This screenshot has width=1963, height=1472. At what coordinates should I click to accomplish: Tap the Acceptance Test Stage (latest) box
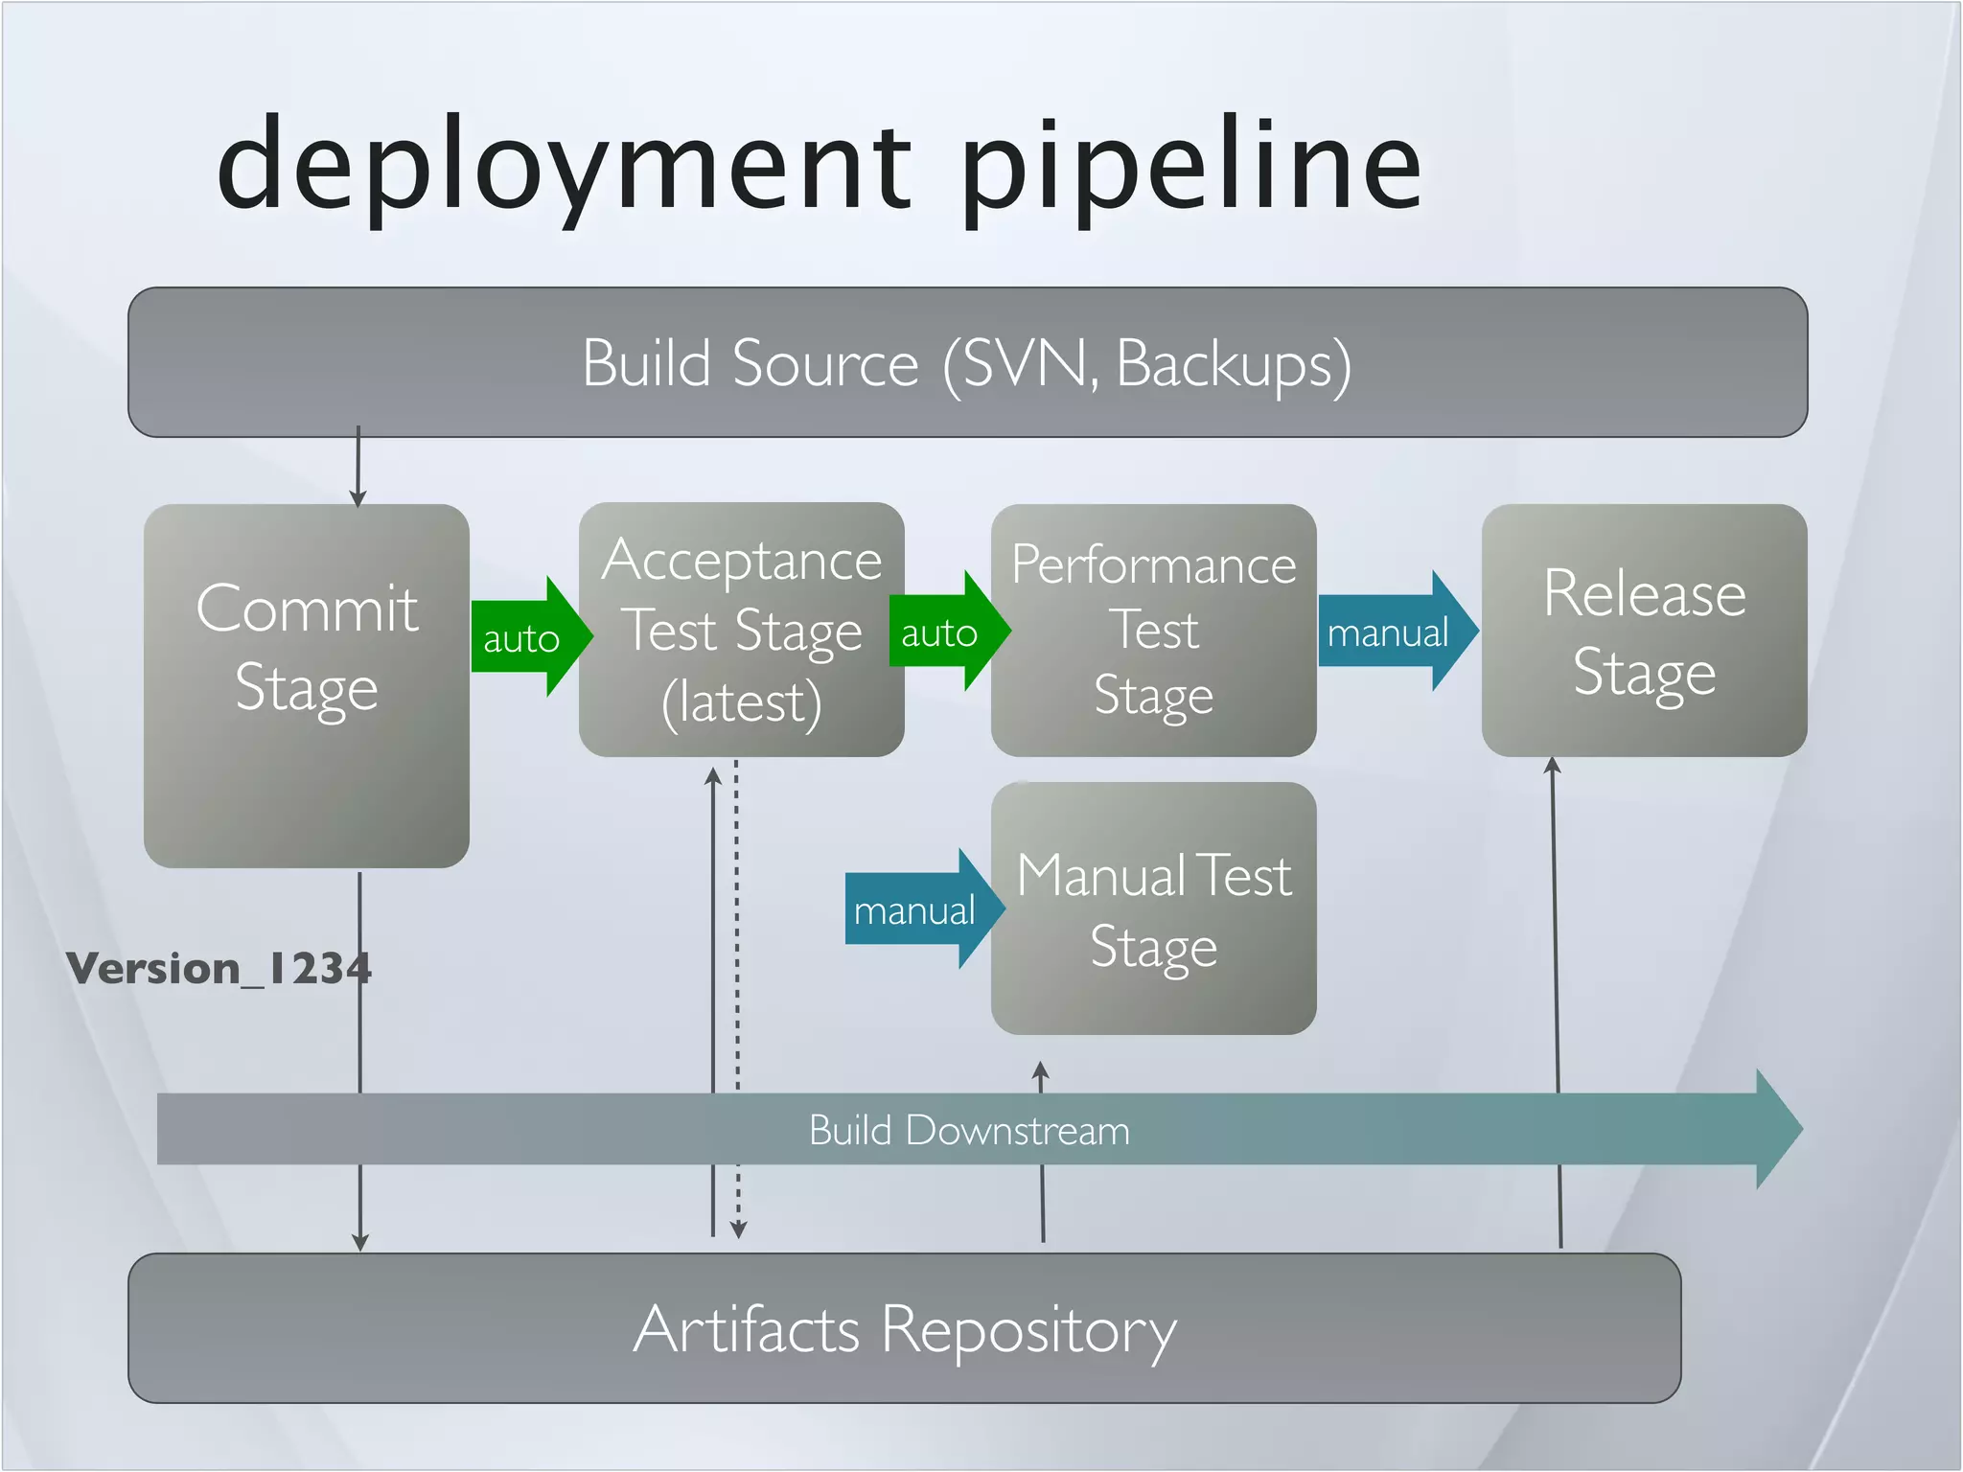point(741,630)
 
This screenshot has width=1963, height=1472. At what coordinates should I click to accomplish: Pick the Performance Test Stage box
point(1153,630)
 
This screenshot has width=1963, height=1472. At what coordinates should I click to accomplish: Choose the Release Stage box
point(1644,630)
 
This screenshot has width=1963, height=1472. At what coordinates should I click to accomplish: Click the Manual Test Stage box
point(1153,908)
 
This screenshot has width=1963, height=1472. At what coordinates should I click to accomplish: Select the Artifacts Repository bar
point(904,1328)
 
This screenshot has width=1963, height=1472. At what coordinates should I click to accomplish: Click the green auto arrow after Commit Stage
point(525,636)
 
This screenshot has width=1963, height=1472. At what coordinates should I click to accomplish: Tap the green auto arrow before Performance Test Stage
point(943,632)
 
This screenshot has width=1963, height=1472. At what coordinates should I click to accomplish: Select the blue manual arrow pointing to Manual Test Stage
point(918,908)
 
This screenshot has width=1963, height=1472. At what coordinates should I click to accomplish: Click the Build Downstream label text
point(969,1130)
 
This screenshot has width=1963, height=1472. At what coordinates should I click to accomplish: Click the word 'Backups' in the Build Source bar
point(1233,363)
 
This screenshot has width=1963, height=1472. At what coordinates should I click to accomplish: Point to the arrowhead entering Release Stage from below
point(1553,765)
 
